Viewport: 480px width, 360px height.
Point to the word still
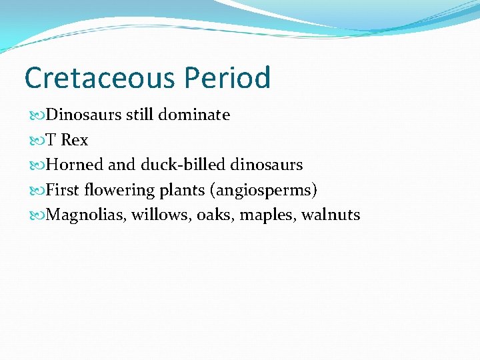pyautogui.click(x=140, y=115)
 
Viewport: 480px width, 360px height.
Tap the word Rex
pyautogui.click(x=75, y=140)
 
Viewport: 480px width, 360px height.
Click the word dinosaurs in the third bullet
pyautogui.click(x=267, y=165)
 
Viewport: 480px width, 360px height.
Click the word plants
pyautogui.click(x=182, y=190)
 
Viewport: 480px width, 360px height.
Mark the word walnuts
pyautogui.click(x=331, y=215)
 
